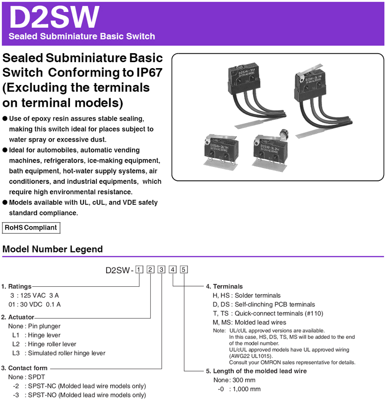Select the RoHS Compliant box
tap(31, 228)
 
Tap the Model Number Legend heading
tap(53, 249)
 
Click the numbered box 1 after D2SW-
tap(139, 270)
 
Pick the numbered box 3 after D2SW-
tap(162, 270)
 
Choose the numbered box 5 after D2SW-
tap(184, 270)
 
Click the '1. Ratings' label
tap(16, 286)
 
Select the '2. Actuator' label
tap(18, 317)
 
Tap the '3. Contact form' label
tap(24, 368)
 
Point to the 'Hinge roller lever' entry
tap(52, 344)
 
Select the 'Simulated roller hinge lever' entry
tap(66, 353)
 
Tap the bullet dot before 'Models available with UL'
tap(5, 203)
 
